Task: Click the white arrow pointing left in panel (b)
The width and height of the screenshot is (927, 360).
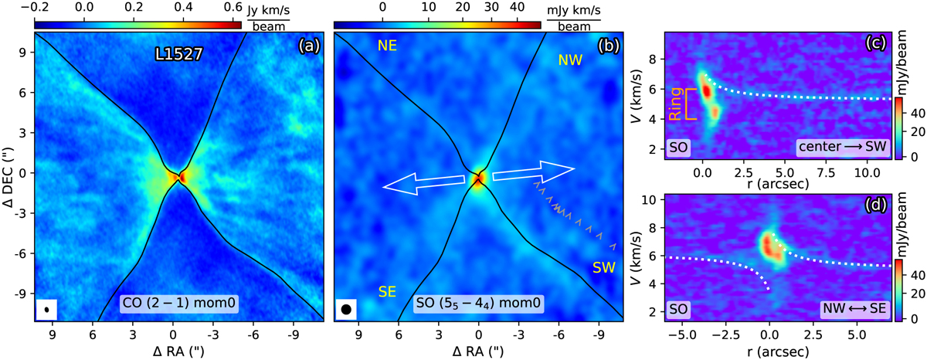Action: click(x=423, y=182)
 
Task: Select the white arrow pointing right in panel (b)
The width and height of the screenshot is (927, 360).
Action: click(x=535, y=170)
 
